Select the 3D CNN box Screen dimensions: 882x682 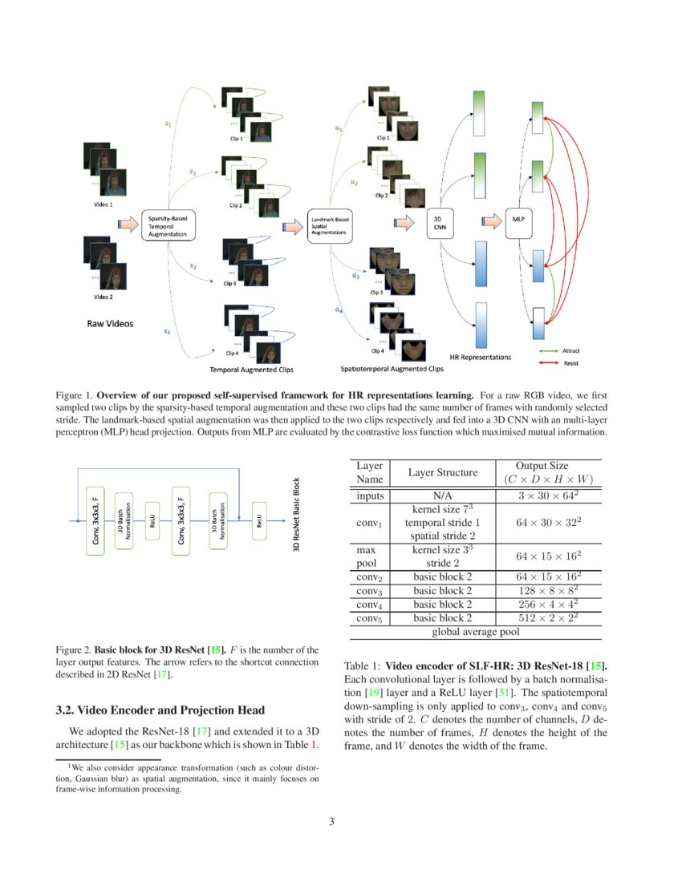440,222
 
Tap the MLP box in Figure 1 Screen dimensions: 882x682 518,218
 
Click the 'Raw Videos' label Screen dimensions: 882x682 110,325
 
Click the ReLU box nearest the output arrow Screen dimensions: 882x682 258,521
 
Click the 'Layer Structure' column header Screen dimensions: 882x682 443,473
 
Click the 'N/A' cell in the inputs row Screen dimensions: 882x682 443,496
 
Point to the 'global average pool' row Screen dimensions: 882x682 475,632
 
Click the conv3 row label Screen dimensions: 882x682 369,590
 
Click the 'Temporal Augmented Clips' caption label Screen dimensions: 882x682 252,370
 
